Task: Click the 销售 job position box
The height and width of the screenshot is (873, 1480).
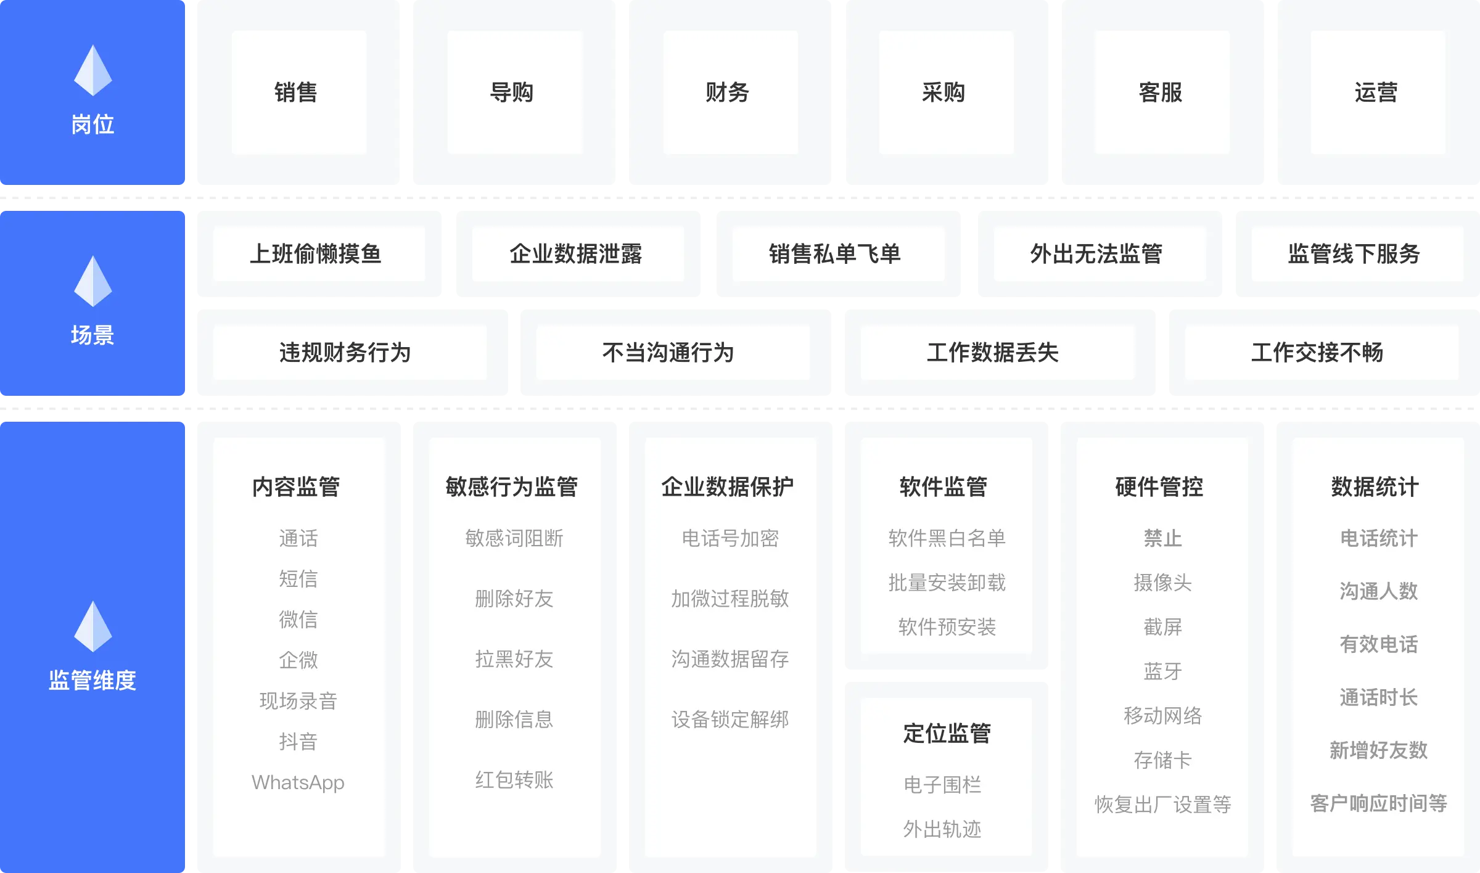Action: tap(297, 92)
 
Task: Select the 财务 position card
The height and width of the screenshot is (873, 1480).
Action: tap(728, 92)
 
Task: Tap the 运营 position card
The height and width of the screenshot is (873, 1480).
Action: tap(1376, 92)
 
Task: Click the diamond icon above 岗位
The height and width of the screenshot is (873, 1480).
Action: tap(93, 70)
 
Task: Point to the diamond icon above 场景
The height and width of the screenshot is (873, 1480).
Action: tap(93, 281)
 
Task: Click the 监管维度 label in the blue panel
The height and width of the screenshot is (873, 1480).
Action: tap(92, 680)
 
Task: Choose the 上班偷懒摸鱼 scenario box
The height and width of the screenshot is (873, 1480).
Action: tap(316, 254)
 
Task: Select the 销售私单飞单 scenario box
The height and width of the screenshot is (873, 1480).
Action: tap(836, 254)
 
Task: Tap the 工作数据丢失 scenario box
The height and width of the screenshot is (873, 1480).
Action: tap(993, 353)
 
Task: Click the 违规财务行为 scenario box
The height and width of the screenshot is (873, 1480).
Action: tap(345, 353)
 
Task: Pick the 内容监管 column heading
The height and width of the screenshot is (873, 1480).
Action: tap(297, 486)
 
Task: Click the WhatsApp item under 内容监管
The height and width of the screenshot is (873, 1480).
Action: tap(298, 782)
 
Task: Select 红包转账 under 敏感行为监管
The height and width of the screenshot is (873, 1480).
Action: tap(514, 780)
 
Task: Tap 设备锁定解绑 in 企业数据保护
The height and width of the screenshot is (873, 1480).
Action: tap(730, 719)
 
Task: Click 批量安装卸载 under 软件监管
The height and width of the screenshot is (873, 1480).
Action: tap(947, 583)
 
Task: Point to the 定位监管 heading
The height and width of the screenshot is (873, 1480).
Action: tap(947, 733)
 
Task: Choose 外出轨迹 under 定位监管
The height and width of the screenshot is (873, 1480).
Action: tap(942, 829)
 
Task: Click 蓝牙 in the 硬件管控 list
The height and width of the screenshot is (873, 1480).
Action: tap(1162, 671)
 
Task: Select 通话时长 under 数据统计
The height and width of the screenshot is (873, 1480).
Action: tap(1378, 697)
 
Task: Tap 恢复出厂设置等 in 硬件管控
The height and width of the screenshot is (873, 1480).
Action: tap(1162, 805)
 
